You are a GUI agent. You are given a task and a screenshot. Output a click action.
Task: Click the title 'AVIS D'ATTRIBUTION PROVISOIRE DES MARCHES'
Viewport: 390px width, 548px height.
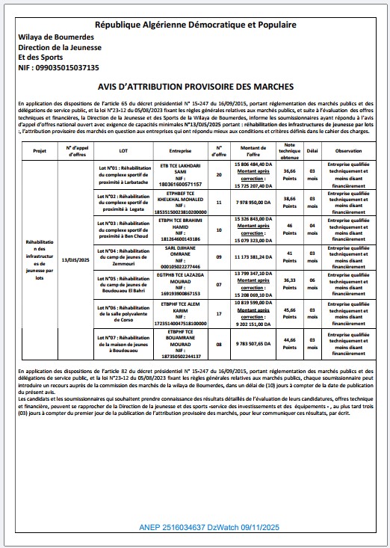(x=196, y=87)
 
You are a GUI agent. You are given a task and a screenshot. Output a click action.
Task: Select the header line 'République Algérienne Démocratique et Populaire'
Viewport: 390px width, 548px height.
(x=196, y=25)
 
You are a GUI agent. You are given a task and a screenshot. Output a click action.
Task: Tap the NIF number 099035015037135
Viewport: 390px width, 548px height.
(x=58, y=67)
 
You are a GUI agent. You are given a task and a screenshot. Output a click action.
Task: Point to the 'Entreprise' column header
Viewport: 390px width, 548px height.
(x=181, y=150)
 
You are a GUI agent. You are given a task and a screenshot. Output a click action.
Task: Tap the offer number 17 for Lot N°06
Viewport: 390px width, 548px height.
(x=219, y=313)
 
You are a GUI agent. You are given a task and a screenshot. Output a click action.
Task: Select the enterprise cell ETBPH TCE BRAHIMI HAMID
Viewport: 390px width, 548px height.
(x=181, y=229)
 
